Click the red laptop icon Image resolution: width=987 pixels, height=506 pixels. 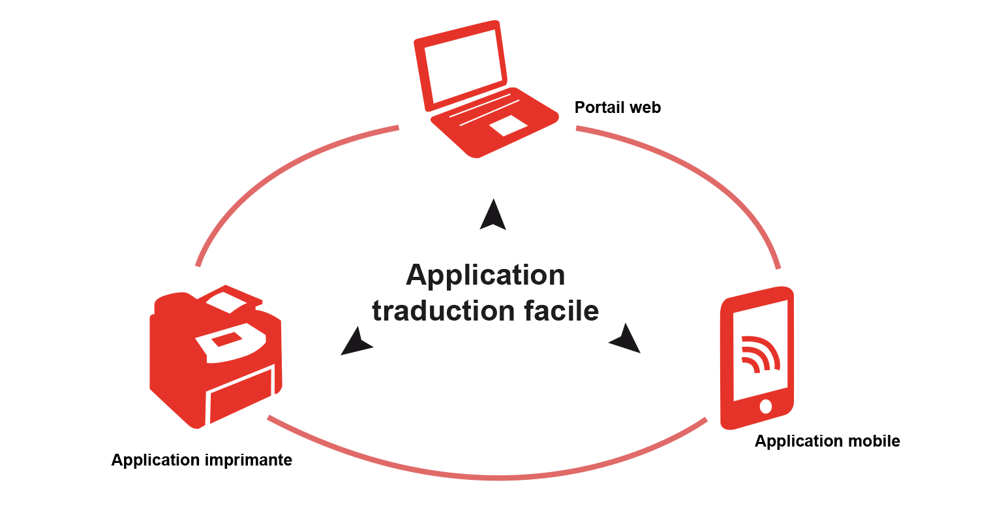pyautogui.click(x=483, y=91)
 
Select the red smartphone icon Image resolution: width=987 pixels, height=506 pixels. pyautogui.click(x=757, y=359)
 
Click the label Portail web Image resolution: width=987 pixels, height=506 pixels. pyautogui.click(x=617, y=108)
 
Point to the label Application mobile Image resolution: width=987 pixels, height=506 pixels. pyautogui.click(x=827, y=441)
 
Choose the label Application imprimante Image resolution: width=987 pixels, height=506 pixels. pyautogui.click(x=202, y=460)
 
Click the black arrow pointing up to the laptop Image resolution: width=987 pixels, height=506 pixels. pyautogui.click(x=493, y=216)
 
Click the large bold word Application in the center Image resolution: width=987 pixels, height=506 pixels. pyautogui.click(x=485, y=275)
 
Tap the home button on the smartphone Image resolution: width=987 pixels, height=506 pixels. pyautogui.click(x=766, y=407)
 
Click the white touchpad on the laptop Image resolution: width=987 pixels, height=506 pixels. pyautogui.click(x=508, y=125)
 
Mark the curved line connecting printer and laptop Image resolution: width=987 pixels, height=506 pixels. pyautogui.click(x=274, y=170)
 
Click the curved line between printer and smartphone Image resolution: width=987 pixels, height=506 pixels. pyautogui.click(x=496, y=478)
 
